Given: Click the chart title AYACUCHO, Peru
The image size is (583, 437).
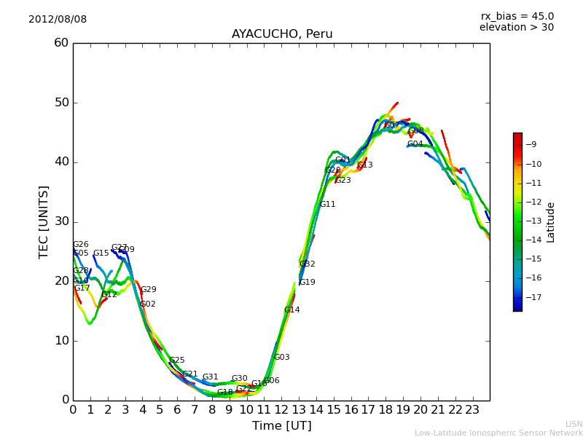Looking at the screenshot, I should [x=282, y=34].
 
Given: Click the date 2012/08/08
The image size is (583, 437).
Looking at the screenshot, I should [x=58, y=19].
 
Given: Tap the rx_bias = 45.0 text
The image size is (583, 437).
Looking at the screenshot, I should [x=517, y=16].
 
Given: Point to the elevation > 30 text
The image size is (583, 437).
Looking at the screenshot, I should [x=516, y=28].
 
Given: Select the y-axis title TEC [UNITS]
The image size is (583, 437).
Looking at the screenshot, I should [x=44, y=221].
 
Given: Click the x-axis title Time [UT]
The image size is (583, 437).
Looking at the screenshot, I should [x=281, y=425].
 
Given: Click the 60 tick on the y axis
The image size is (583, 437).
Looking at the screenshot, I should [x=61, y=43].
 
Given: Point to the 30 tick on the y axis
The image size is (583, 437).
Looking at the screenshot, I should [x=61, y=221].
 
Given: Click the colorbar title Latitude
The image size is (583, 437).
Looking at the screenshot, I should [x=551, y=222].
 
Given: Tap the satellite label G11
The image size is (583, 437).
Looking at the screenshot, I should [x=328, y=205].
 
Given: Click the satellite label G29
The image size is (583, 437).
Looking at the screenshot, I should [x=149, y=290].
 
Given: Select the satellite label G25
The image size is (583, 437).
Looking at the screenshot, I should [x=176, y=361].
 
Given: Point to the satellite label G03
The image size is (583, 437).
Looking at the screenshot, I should [x=281, y=358].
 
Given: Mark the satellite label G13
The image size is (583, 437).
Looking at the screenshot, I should [x=365, y=165].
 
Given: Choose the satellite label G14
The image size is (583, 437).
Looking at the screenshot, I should [x=291, y=310].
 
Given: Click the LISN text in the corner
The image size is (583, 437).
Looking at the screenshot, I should [x=574, y=424].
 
